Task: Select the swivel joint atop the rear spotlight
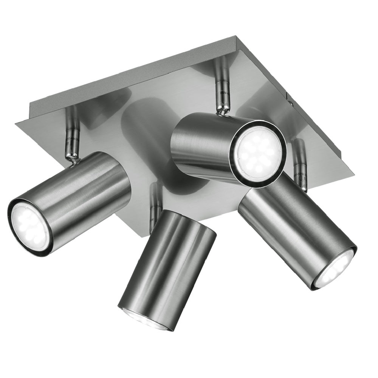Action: click(x=222, y=110)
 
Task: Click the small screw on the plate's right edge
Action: click(x=290, y=102)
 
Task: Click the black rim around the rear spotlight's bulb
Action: click(x=236, y=170)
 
